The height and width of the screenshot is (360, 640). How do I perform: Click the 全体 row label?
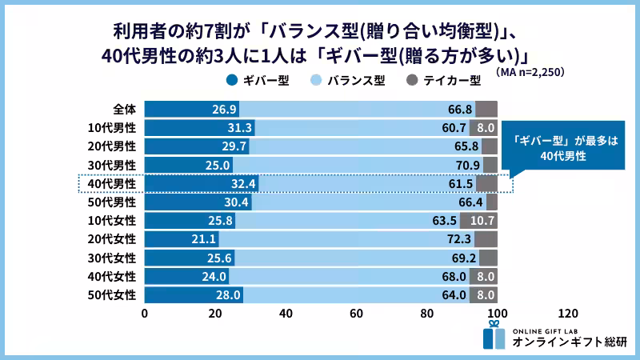coord(124,109)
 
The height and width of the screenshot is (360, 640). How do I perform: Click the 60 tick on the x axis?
coord(356,313)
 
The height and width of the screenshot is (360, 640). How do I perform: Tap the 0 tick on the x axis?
coord(144,313)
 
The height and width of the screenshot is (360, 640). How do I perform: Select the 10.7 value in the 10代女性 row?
coord(482,220)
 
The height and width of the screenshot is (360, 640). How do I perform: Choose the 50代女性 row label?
coord(113,294)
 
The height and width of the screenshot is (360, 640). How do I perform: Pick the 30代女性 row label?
coord(113,257)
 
